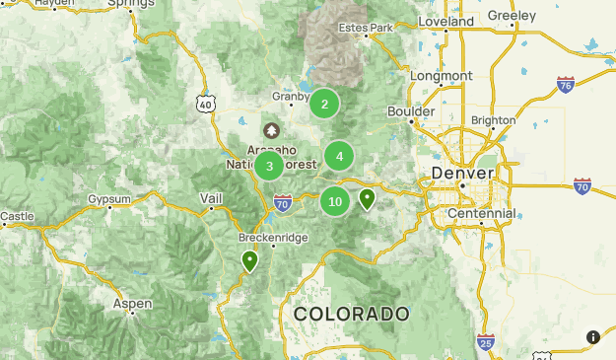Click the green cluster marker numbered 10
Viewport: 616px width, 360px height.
335,201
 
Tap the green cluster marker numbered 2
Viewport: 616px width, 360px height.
324,104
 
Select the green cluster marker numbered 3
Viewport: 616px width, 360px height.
269,166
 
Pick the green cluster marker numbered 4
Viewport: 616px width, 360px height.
339,156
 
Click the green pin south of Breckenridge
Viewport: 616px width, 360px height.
250,261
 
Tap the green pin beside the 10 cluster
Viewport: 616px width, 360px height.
368,200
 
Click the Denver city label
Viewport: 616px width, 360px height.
457,175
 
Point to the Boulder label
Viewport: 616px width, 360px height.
411,111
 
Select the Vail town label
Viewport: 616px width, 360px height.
211,198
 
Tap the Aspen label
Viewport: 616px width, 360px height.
132,304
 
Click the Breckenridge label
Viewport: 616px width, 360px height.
273,238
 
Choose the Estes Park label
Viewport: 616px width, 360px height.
366,28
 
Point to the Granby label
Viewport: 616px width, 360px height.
292,97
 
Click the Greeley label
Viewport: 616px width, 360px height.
512,16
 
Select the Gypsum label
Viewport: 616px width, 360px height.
108,199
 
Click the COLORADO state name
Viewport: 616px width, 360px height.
352,314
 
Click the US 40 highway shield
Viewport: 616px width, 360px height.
204,103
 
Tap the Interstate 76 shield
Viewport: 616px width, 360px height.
565,85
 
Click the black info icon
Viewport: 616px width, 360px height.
593,337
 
